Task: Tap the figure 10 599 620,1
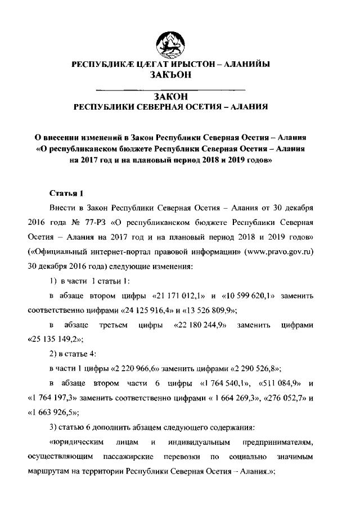248,295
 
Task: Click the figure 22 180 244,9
200,325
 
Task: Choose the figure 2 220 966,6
133,368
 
